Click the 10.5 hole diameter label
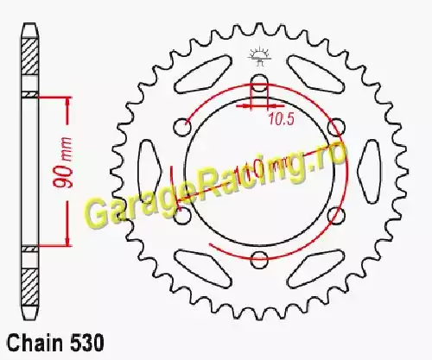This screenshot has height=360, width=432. coord(282,118)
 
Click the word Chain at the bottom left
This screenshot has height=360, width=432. coord(35,343)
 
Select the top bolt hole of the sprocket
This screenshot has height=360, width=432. coord(259,83)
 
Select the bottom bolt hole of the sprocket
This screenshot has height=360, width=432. coord(259,259)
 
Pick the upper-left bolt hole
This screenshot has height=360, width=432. coord(183,127)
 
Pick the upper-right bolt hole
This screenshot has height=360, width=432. coord(336,127)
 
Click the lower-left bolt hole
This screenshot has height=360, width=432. coord(183,215)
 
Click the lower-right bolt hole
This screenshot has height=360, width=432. coord(336,215)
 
